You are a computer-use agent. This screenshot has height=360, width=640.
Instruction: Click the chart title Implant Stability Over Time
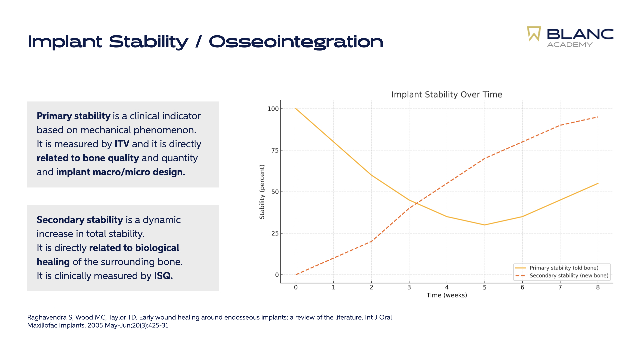click(447, 95)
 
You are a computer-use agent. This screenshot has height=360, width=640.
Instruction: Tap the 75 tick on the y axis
click(275, 150)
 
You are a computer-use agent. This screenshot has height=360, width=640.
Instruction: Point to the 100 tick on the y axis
click(273, 109)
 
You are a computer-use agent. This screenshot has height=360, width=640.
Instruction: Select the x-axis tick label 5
click(485, 287)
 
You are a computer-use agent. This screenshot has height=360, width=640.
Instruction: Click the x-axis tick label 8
click(598, 287)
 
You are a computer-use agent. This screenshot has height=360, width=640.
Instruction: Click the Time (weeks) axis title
click(447, 295)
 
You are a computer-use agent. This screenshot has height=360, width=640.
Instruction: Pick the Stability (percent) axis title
click(262, 192)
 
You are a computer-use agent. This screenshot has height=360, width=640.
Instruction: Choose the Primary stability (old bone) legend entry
click(564, 268)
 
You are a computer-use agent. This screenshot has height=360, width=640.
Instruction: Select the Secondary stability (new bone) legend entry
click(569, 276)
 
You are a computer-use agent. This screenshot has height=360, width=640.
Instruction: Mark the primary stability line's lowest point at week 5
click(485, 225)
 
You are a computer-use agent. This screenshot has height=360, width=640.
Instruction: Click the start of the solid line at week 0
click(296, 109)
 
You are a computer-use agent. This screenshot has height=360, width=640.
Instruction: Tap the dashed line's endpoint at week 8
click(598, 117)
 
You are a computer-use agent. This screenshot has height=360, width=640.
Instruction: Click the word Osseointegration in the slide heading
click(296, 42)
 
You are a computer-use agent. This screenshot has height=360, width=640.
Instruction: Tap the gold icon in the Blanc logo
click(534, 34)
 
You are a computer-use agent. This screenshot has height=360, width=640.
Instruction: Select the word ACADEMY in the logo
click(570, 45)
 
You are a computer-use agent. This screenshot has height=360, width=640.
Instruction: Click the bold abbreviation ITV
click(122, 144)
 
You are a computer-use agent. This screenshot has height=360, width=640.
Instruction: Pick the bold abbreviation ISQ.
click(163, 276)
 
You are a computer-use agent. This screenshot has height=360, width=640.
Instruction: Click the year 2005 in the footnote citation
click(95, 325)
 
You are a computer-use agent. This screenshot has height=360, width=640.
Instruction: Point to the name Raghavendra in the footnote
click(47, 317)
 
